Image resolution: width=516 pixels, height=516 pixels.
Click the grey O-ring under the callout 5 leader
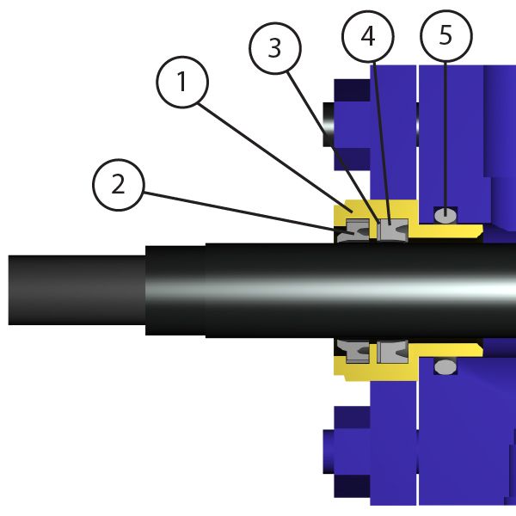click(x=445, y=213)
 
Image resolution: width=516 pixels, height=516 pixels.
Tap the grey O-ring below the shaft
click(x=445, y=367)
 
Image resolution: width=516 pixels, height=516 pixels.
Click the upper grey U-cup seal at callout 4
click(x=391, y=231)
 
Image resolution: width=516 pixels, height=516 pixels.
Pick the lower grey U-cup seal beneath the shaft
click(x=391, y=352)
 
